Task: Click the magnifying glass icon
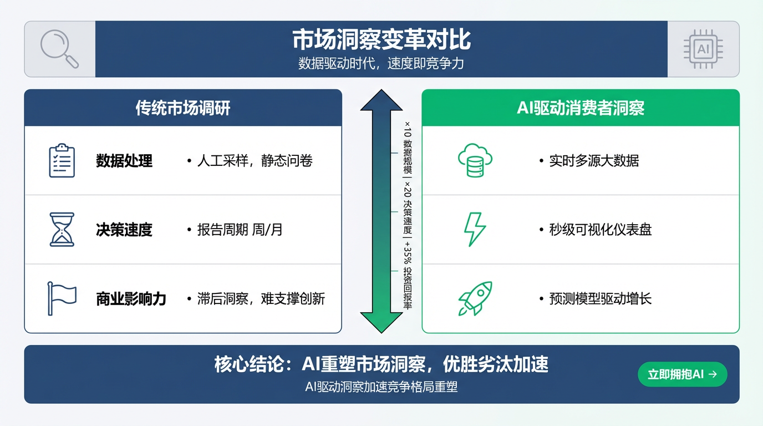[59, 49]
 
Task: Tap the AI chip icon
[703, 49]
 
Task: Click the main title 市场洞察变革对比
[381, 40]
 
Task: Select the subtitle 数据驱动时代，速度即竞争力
[381, 64]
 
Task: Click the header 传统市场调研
[183, 108]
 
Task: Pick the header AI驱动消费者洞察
[581, 108]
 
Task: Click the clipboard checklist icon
[62, 160]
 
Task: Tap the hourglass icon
[62, 229]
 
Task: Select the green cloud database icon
[475, 160]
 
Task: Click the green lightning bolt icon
[475, 229]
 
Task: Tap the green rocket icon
[475, 298]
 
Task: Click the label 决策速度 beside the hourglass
[124, 230]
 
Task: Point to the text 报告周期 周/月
[240, 230]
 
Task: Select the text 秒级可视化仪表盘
[600, 230]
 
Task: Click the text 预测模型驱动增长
[600, 299]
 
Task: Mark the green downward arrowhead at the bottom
[381, 322]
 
